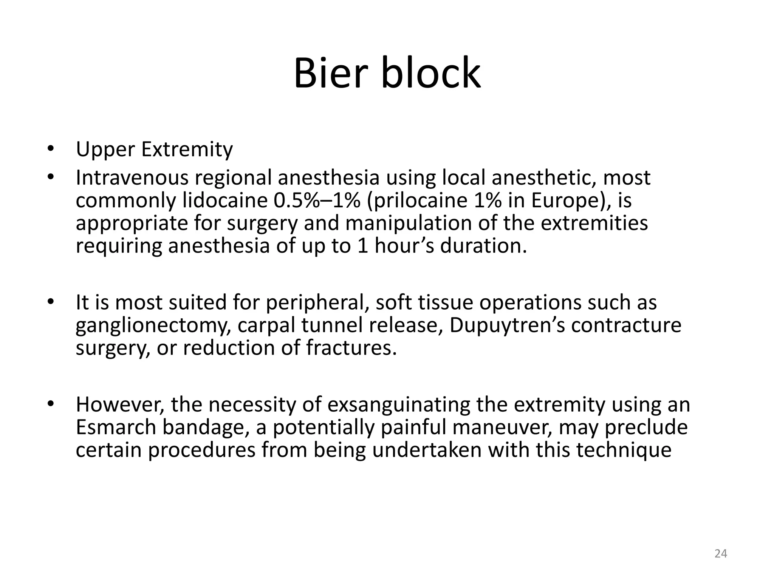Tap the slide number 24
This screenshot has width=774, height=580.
(721, 554)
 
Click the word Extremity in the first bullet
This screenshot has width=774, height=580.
(187, 150)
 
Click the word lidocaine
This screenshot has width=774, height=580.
(225, 200)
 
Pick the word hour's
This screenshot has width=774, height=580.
(404, 246)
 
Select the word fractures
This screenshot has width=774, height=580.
(351, 348)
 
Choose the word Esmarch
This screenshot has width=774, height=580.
(116, 427)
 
